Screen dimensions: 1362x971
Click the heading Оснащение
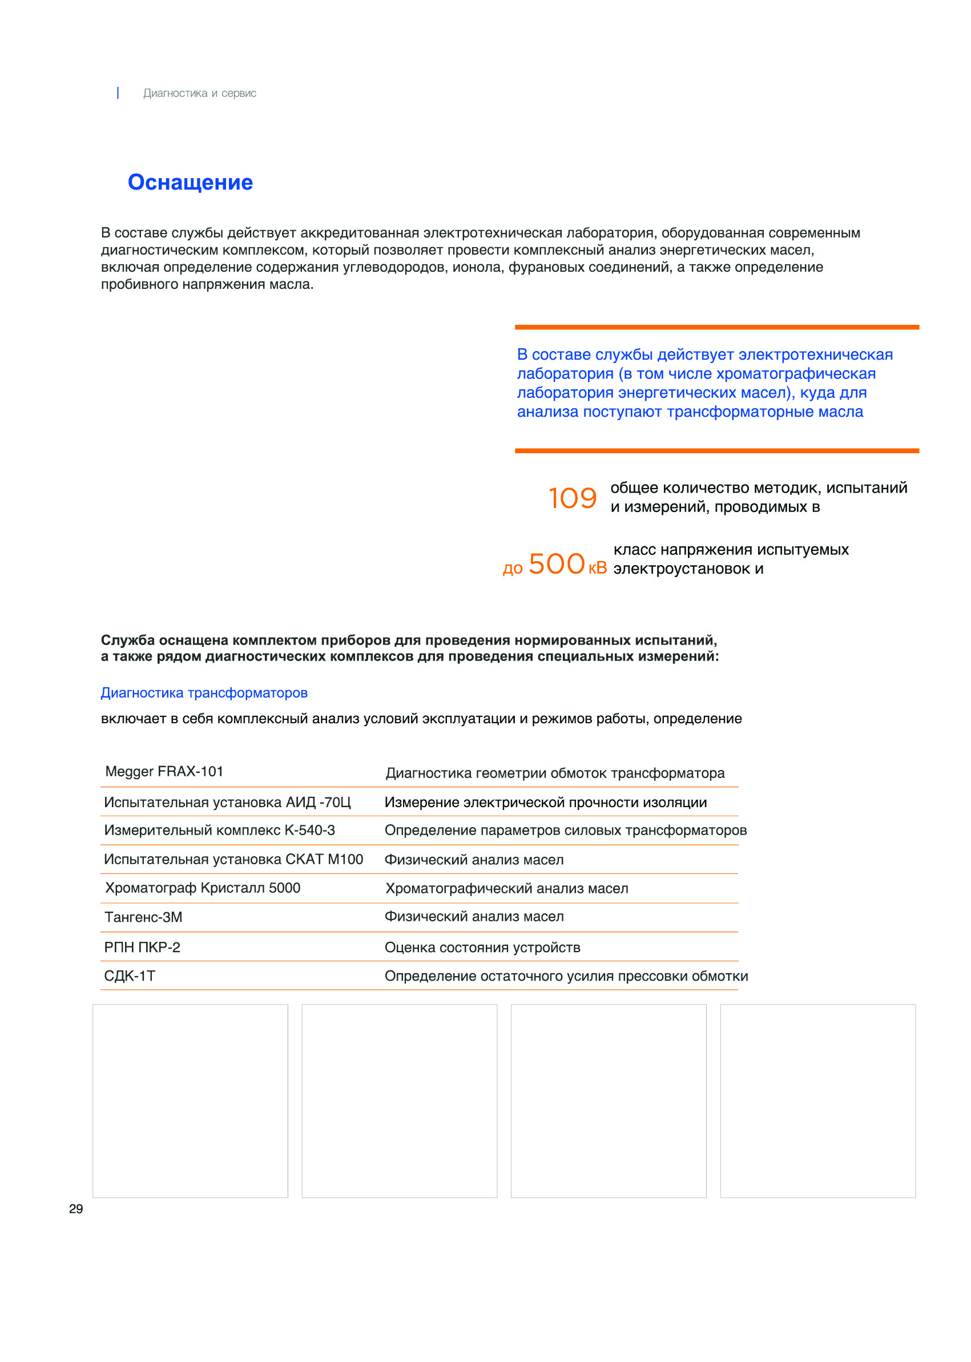pyautogui.click(x=190, y=182)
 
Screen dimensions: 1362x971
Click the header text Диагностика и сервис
pyautogui.click(x=200, y=93)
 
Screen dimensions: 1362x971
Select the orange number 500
pyautogui.click(x=556, y=564)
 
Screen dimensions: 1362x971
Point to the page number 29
pyautogui.click(x=76, y=1209)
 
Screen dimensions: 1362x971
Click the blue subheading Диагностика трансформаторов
pyautogui.click(x=204, y=692)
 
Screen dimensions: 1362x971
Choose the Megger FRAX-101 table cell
pyautogui.click(x=164, y=771)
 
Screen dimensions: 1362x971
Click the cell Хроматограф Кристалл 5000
pyautogui.click(x=202, y=888)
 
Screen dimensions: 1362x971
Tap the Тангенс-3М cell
pyautogui.click(x=143, y=917)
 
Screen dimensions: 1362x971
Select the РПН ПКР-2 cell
pyautogui.click(x=142, y=947)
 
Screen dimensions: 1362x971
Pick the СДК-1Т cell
pyautogui.click(x=129, y=976)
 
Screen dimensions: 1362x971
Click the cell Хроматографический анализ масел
pyautogui.click(x=506, y=888)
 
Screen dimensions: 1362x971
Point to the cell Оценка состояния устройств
pyautogui.click(x=482, y=947)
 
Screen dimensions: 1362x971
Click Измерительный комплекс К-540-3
pyautogui.click(x=219, y=830)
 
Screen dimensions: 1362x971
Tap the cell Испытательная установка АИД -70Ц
pyautogui.click(x=227, y=802)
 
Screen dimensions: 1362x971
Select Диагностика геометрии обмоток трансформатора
pyautogui.click(x=554, y=773)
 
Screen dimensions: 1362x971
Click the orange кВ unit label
pyautogui.click(x=597, y=567)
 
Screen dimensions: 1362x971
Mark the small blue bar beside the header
pyautogui.click(x=118, y=92)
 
